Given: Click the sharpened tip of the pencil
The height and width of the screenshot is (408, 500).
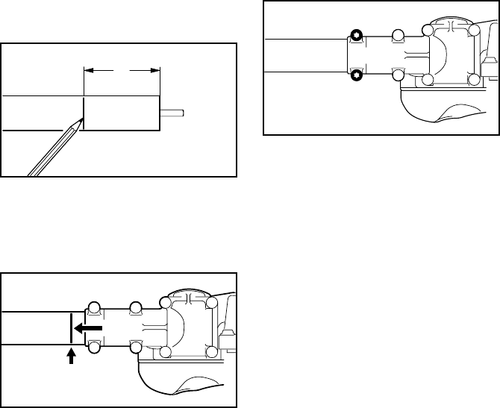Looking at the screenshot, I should point(82,120).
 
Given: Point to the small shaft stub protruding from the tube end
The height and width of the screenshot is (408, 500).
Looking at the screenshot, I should point(174,113).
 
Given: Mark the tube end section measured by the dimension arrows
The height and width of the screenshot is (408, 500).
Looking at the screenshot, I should point(121,113).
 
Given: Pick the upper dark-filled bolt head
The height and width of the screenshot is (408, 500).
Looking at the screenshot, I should point(356,34).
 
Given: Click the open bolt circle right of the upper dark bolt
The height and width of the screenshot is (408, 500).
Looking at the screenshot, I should point(398,34).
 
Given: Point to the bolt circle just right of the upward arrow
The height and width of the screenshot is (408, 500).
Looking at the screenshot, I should point(95,348).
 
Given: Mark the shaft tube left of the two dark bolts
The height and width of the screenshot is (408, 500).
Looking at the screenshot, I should point(306,54).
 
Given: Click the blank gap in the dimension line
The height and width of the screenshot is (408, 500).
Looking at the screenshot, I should point(121,72).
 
